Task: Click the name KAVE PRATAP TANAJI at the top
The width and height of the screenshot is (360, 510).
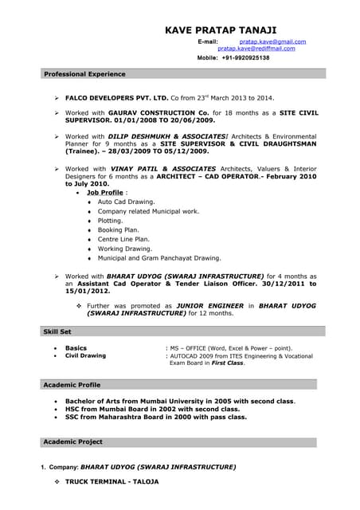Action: point(226,29)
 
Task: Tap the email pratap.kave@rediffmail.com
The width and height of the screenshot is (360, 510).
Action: point(256,49)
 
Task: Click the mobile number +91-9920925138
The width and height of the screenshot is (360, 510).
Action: point(245,58)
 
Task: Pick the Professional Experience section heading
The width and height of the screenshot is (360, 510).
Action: point(84,74)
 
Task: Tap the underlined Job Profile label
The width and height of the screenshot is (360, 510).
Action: point(105,193)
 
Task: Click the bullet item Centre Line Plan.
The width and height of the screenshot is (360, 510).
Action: point(123,239)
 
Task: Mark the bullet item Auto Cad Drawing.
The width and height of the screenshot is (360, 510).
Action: point(126,202)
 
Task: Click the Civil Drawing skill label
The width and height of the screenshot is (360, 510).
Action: point(85,355)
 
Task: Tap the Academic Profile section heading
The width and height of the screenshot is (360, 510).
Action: point(72,385)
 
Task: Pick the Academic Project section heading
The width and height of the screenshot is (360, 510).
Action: point(72,441)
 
